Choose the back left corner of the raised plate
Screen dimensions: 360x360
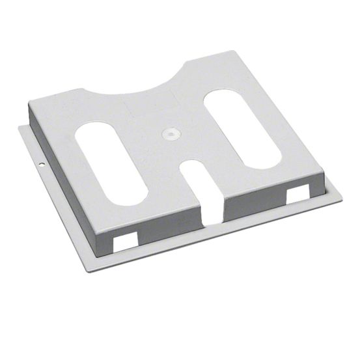pyautogui.click(x=30, y=100)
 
